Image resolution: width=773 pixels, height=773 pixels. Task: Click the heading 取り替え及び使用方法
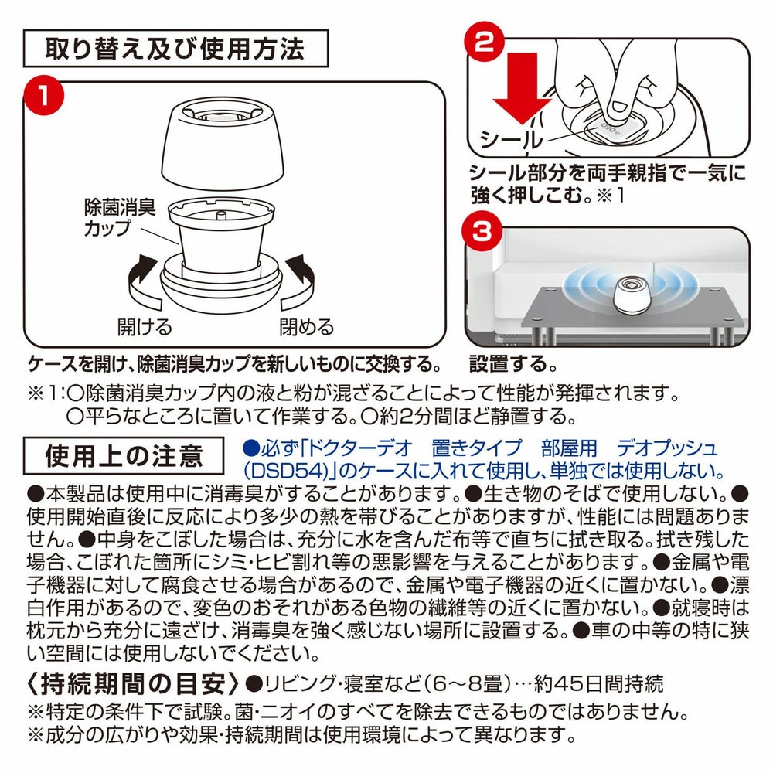pos(175,48)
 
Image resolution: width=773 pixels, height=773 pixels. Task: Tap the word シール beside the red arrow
pos(511,140)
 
